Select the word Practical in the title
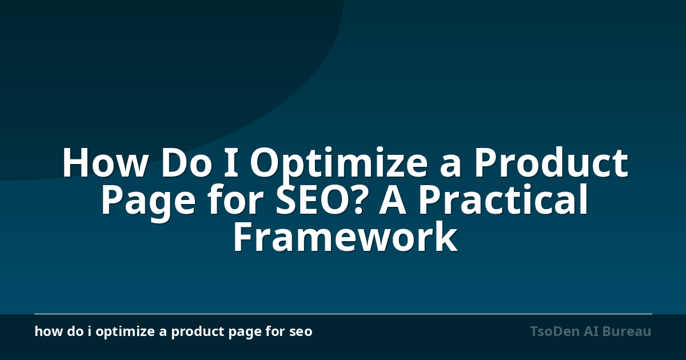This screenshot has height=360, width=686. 503,199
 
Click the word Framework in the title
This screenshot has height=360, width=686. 345,236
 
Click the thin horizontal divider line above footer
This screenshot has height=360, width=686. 343,314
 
